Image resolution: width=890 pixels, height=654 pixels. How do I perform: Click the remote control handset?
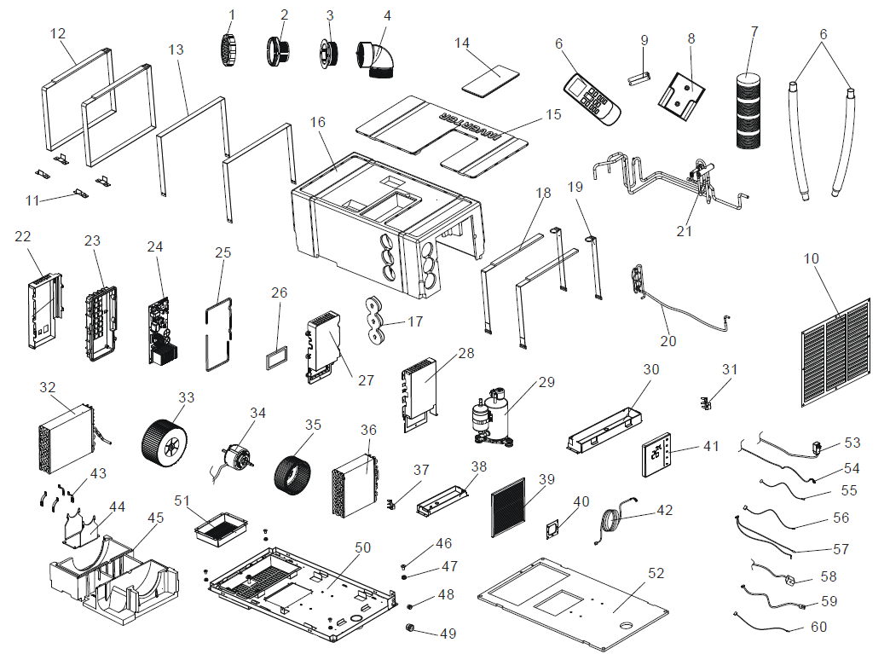[593, 98]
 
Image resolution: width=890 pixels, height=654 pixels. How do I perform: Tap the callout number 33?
[186, 397]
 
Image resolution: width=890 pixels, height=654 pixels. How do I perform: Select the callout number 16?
[318, 123]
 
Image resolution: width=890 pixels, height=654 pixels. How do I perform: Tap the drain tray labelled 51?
[220, 530]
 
